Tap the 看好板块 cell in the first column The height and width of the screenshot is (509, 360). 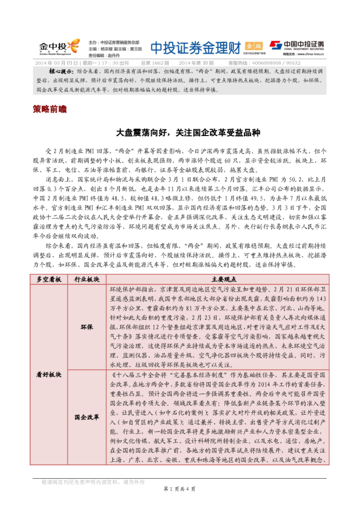coord(49,375)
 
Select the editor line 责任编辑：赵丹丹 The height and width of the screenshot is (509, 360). coord(100,54)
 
